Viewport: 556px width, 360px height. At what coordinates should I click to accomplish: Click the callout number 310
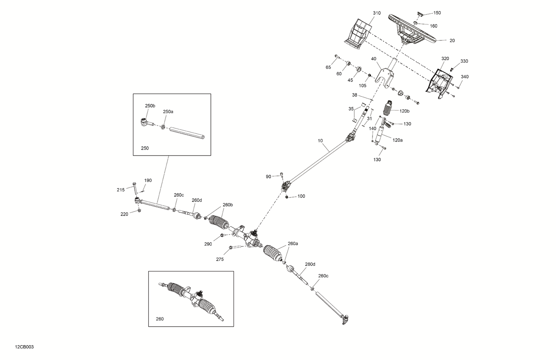pos(377,13)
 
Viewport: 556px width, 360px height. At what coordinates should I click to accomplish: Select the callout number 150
pos(437,13)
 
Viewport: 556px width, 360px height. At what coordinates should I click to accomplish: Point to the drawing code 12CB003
pos(24,347)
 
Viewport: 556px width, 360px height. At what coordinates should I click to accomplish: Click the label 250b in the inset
pos(150,106)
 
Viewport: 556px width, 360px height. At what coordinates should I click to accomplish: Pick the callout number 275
pos(220,260)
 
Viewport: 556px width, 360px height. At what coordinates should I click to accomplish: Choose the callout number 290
pos(208,244)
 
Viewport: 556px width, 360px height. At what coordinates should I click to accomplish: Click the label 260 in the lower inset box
pos(159,319)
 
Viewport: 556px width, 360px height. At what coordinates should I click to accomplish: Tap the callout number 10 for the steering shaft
pos(320,141)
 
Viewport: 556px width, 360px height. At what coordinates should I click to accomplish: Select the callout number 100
pos(301,196)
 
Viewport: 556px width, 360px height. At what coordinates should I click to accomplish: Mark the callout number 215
pos(121,190)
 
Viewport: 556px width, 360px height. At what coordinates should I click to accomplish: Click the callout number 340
pos(465,77)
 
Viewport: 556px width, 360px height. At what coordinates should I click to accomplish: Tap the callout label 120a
pos(397,140)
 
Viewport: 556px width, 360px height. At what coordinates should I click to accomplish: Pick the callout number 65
pos(328,67)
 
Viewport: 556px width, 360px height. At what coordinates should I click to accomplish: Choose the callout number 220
pos(124,214)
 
